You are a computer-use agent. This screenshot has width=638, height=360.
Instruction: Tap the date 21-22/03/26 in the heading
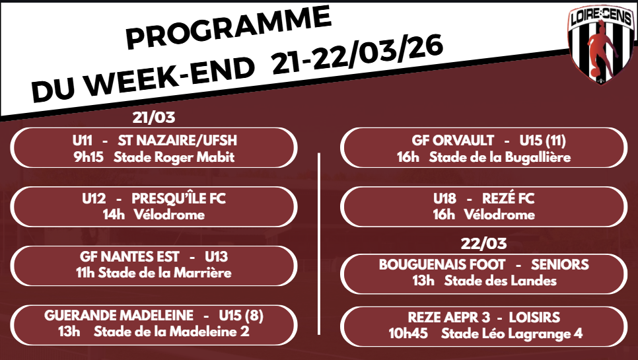click(x=357, y=55)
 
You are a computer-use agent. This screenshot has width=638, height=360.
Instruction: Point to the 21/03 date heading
click(x=154, y=118)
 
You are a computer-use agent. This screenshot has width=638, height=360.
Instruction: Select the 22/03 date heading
click(x=484, y=243)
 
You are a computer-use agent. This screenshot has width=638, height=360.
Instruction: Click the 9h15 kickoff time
click(x=89, y=157)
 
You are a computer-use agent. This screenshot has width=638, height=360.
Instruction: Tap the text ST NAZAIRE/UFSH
click(x=178, y=140)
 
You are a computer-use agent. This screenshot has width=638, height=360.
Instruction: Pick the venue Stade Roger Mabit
click(x=174, y=157)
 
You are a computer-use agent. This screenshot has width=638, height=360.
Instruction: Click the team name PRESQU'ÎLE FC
click(x=178, y=198)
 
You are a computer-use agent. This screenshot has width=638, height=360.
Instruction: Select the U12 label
click(x=94, y=199)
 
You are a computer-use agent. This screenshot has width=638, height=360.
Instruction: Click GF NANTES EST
click(x=129, y=257)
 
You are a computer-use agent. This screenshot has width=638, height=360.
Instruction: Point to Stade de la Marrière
click(x=165, y=273)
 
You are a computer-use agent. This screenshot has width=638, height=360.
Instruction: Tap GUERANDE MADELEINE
click(x=119, y=315)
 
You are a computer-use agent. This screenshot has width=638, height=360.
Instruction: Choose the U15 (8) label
click(x=241, y=315)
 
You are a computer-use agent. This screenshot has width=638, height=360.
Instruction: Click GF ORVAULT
click(x=453, y=140)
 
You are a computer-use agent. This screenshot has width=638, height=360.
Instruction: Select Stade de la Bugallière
click(x=500, y=157)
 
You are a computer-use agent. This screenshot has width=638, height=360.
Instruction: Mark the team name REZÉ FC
click(x=508, y=198)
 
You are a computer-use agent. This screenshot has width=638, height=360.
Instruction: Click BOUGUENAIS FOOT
click(x=442, y=264)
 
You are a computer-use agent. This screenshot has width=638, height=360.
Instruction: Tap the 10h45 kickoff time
click(x=408, y=334)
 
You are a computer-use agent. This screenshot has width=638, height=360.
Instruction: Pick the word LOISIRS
click(x=534, y=317)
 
